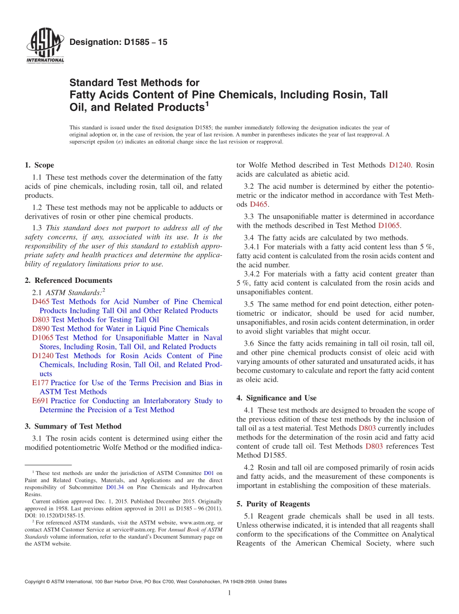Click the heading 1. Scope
tap(39, 165)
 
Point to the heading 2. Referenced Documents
tap(68, 280)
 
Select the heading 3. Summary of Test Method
tap(73, 426)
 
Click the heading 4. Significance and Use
tap(276, 398)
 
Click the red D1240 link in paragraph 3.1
tap(400, 165)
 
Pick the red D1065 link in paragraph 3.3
tap(389, 225)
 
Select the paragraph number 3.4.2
tap(255, 274)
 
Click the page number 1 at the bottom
tap(229, 593)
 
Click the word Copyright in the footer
tap(37, 582)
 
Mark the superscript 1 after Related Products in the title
tap(207, 103)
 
